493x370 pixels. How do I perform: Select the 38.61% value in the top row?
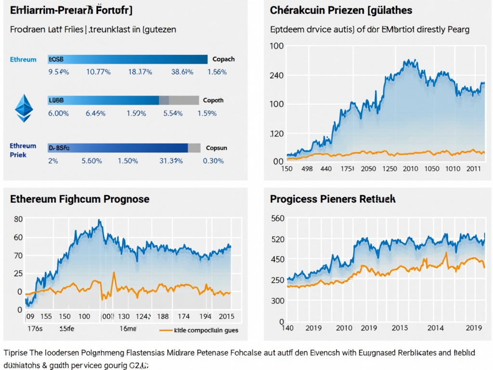pyautogui.click(x=182, y=72)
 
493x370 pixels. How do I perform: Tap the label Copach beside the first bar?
pyautogui.click(x=223, y=59)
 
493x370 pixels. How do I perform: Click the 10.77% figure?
pyautogui.click(x=98, y=72)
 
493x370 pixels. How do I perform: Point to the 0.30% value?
pyautogui.click(x=213, y=160)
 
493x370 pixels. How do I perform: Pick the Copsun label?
pyautogui.click(x=216, y=148)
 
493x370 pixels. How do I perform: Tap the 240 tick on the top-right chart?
pyautogui.click(x=276, y=75)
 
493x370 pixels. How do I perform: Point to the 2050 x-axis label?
pyautogui.click(x=368, y=169)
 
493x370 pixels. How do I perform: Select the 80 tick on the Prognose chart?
pyautogui.click(x=18, y=219)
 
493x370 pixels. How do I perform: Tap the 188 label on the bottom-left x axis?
pyautogui.click(x=163, y=316)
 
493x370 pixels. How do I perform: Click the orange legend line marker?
pyautogui.click(x=165, y=330)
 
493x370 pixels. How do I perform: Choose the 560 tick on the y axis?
pyautogui.click(x=278, y=218)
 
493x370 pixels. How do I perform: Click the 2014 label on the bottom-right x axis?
pyautogui.click(x=436, y=328)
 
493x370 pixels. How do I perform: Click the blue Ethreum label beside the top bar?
pyautogui.click(x=23, y=59)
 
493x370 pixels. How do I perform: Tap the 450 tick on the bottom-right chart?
pyautogui.click(x=278, y=259)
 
